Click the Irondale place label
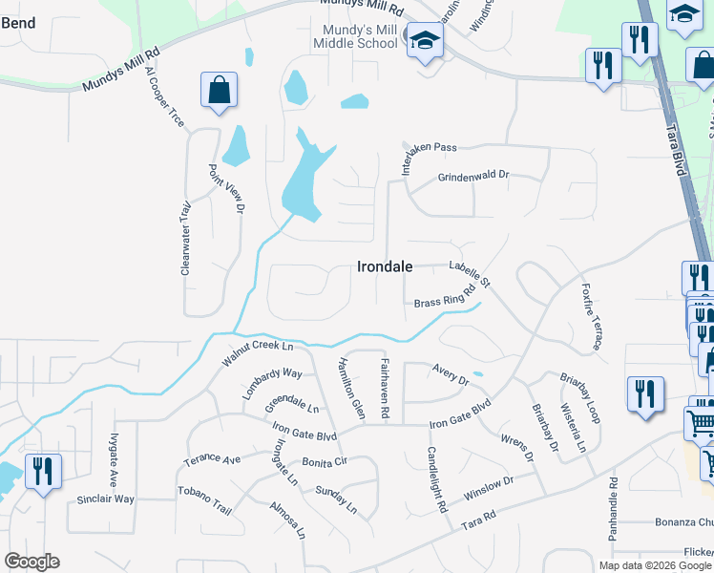tap(385, 267)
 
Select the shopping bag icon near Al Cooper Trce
tap(219, 91)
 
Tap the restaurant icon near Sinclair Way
tap(43, 472)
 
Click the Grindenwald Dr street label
tap(474, 177)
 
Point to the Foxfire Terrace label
tap(588, 314)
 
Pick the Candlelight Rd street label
tap(437, 480)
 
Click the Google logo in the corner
tap(31, 561)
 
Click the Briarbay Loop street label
tap(580, 399)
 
